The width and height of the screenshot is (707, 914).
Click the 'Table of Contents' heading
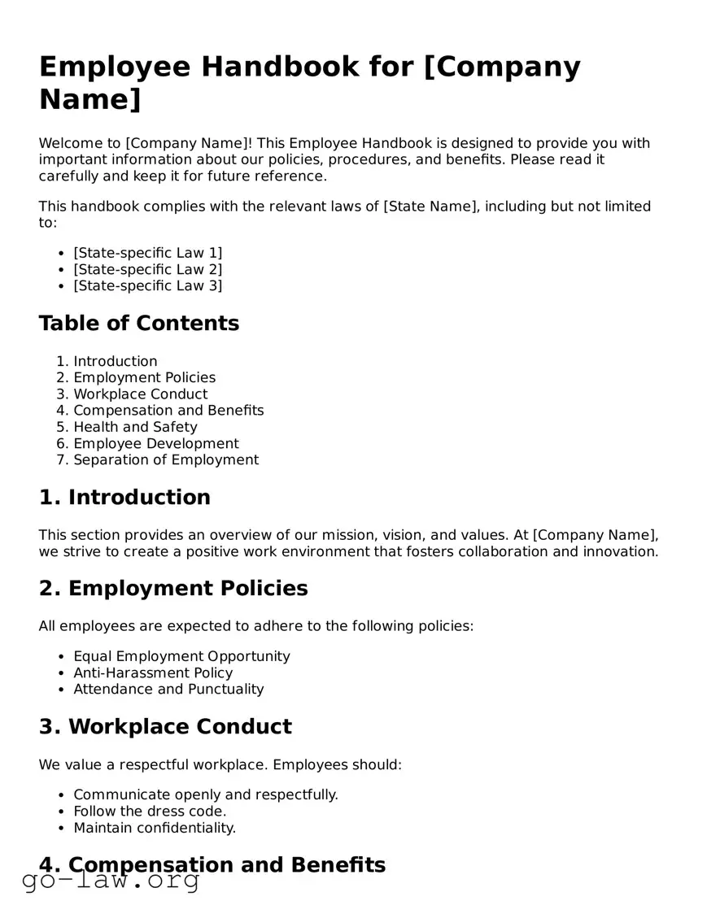point(138,324)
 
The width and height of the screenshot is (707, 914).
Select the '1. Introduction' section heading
point(124,498)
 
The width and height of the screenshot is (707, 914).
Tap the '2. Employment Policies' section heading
point(173,589)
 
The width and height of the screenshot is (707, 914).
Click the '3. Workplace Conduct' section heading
point(165,727)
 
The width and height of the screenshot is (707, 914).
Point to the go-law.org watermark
point(111,880)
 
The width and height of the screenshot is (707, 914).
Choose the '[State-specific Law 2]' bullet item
point(147,269)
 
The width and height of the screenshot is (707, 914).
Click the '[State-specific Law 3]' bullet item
point(147,285)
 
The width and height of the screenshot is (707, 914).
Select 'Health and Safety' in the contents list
point(135,427)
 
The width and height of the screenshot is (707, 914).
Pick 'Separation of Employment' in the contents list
point(166,459)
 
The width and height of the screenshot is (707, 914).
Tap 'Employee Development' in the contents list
point(156,443)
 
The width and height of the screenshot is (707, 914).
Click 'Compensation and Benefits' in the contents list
point(168,411)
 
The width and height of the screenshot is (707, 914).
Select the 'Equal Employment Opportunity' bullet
point(181,656)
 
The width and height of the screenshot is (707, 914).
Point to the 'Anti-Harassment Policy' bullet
point(153,672)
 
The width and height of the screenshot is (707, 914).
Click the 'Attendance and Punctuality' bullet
point(168,689)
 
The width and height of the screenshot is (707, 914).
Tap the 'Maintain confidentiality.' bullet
point(155,828)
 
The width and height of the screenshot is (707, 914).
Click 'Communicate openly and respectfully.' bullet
point(206,794)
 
